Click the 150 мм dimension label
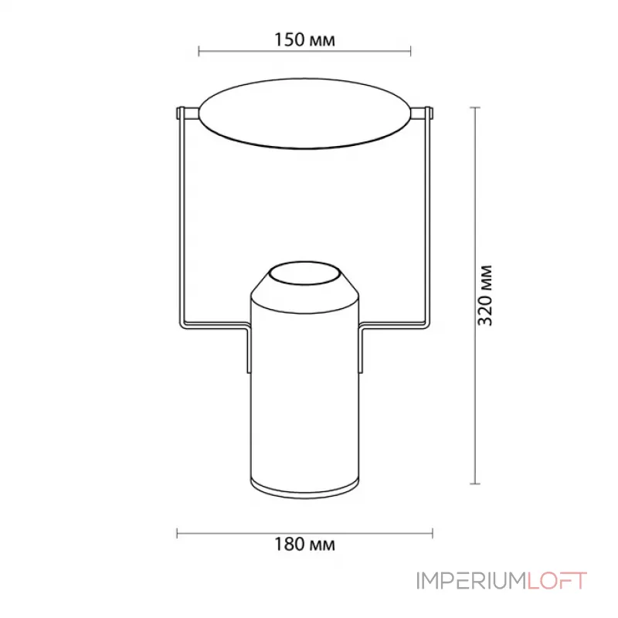pyautogui.click(x=304, y=40)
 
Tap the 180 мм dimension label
pyautogui.click(x=304, y=545)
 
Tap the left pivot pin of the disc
pyautogui.click(x=185, y=114)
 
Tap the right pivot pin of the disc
pyautogui.click(x=423, y=114)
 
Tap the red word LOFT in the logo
pyautogui.click(x=558, y=581)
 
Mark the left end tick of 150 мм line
pyautogui.click(x=199, y=52)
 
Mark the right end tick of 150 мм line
pyautogui.click(x=411, y=52)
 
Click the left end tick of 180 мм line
pyautogui.click(x=178, y=533)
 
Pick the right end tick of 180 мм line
pyautogui.click(x=433, y=533)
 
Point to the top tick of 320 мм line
pyautogui.click(x=474, y=107)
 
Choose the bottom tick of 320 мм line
pyautogui.click(x=474, y=484)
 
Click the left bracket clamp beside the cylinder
pyautogui.click(x=248, y=351)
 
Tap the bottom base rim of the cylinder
pyautogui.click(x=304, y=488)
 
